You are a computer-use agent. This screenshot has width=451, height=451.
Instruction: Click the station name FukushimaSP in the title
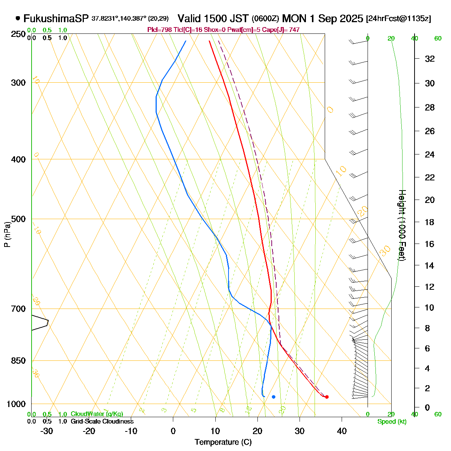click(56, 18)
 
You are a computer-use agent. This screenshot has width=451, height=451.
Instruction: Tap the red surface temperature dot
click(327, 397)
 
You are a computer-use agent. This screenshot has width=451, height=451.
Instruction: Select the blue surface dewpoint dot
click(274, 397)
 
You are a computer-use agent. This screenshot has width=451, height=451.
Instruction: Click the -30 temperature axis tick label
click(47, 431)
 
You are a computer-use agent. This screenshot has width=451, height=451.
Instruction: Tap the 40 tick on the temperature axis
click(342, 431)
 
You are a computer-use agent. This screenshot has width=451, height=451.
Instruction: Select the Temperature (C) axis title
click(223, 442)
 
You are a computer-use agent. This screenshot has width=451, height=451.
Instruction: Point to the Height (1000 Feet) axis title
click(402, 225)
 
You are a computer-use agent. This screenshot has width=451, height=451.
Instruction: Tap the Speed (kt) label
click(392, 422)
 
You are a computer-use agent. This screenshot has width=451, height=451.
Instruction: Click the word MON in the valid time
click(297, 18)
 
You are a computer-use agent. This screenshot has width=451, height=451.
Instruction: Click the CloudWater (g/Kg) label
click(97, 414)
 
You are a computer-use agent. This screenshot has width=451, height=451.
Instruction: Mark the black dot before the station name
click(18, 18)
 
